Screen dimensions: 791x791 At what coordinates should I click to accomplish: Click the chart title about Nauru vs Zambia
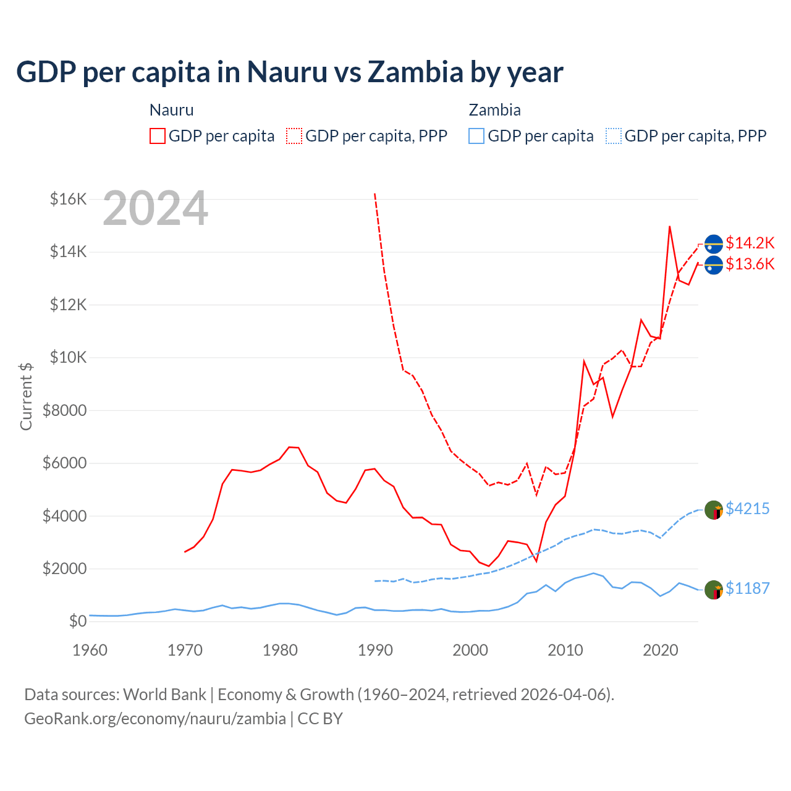(289, 72)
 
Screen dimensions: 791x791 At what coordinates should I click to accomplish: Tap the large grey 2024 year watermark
(155, 208)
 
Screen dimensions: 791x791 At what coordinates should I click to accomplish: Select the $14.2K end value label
(750, 243)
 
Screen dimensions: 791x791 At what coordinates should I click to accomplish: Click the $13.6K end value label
(750, 264)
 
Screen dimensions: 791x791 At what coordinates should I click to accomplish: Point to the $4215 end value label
(747, 509)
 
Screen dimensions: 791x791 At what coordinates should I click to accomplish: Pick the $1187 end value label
(747, 588)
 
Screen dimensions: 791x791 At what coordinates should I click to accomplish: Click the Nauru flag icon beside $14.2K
(714, 244)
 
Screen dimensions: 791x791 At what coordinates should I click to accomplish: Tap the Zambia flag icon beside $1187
(714, 590)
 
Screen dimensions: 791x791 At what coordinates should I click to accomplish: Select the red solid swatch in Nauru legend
(158, 136)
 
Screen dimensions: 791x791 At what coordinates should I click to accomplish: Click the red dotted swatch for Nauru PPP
(294, 136)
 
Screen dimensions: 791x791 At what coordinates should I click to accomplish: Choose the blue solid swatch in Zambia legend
(476, 136)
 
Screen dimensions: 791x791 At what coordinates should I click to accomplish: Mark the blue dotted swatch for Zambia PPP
(614, 136)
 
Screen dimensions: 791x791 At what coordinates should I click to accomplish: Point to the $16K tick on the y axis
(68, 199)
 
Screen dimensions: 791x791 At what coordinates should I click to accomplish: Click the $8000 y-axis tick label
(64, 410)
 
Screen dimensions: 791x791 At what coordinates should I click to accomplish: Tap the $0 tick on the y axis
(77, 621)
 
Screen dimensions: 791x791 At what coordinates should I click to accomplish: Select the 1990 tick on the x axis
(375, 650)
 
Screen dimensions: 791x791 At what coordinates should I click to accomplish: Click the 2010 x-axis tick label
(565, 650)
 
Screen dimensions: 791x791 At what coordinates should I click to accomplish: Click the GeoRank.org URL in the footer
(154, 719)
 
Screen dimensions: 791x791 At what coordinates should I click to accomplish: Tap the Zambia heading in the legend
(494, 110)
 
